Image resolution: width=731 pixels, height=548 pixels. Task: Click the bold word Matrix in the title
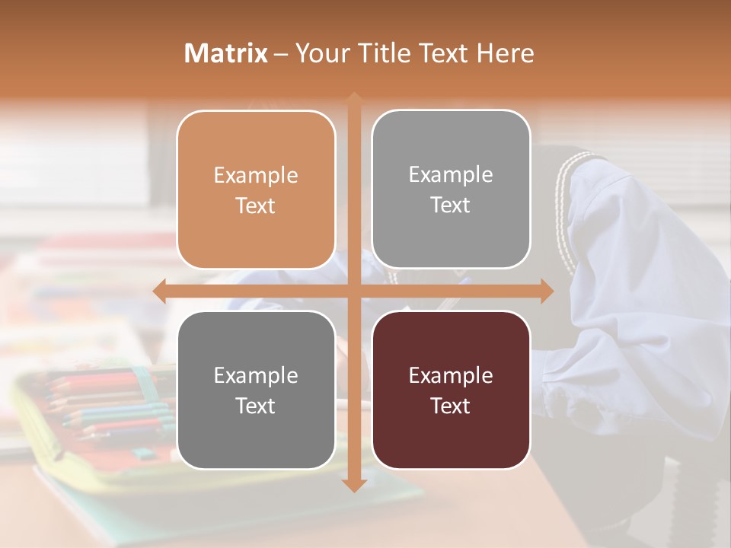[x=226, y=53]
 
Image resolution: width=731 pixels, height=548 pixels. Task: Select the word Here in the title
[x=505, y=53]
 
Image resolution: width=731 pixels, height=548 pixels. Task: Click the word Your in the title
[x=320, y=53]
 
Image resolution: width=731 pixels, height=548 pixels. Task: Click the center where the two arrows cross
[x=353, y=292]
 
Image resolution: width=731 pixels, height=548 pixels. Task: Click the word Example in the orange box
[x=256, y=176]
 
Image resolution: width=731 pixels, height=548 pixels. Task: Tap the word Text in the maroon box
[x=451, y=406]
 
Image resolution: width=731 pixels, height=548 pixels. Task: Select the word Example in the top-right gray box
[x=451, y=175]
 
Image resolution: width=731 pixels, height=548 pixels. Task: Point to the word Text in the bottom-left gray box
[x=256, y=406]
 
